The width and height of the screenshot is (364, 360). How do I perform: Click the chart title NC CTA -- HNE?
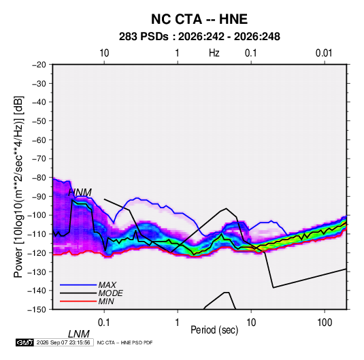pos(199,19)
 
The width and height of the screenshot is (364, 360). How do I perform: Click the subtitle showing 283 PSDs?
pos(199,37)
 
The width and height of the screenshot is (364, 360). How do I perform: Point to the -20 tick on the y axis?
pos(39,65)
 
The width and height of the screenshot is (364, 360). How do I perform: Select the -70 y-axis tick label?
pos(39,159)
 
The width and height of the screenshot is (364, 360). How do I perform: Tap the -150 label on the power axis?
pos(37,310)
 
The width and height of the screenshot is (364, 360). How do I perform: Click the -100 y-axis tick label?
pos(37,215)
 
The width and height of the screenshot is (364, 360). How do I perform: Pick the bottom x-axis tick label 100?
pos(325,323)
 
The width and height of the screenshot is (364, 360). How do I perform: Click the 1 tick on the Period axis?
pos(178,323)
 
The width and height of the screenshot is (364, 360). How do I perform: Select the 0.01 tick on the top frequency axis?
pos(324,53)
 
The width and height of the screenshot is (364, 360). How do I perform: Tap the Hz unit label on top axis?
pos(214,53)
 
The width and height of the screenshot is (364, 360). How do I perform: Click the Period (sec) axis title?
pos(214,330)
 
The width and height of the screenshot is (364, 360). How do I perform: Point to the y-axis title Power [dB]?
pos(18,187)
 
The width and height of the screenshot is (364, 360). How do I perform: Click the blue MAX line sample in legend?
pos(78,285)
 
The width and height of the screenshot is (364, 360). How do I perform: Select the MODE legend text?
pos(110,293)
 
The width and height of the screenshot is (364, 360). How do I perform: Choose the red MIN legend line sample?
pos(78,301)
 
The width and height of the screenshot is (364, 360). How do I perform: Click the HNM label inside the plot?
pos(80,193)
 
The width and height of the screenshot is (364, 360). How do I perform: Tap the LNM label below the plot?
pos(79,334)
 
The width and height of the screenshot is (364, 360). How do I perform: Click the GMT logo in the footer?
pos(25,342)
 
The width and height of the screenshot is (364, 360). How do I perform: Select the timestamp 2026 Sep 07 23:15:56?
pos(63,342)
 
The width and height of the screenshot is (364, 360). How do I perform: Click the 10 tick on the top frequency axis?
pos(104,53)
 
